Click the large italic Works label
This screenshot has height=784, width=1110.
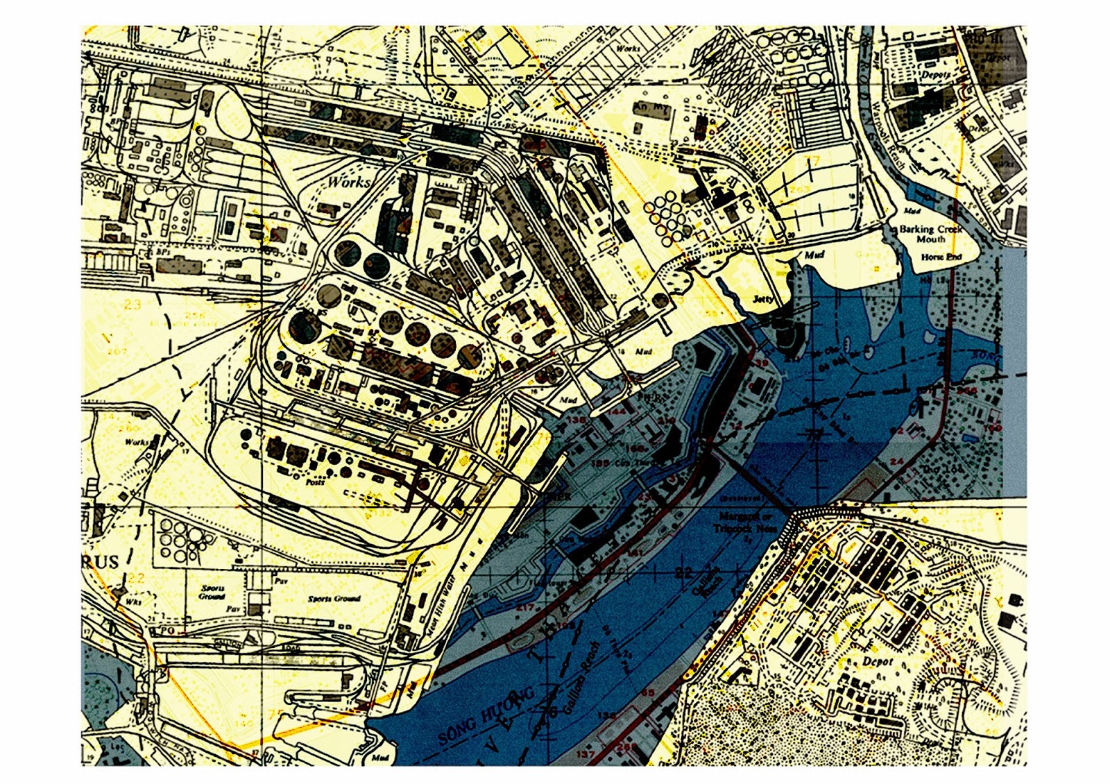coord(348,182)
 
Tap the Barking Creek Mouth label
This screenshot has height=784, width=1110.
coord(930,234)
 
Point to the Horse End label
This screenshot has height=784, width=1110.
coord(941,257)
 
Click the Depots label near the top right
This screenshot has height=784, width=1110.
coord(935,74)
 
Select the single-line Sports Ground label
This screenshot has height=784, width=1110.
coord(334,598)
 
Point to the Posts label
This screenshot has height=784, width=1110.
coord(315,482)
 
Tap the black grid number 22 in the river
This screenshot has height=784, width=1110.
coord(683,572)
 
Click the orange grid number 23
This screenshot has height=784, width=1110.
coord(133,304)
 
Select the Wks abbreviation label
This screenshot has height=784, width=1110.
coord(133,602)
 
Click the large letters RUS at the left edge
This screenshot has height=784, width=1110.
coord(101,561)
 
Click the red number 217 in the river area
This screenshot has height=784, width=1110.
coord(525,607)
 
